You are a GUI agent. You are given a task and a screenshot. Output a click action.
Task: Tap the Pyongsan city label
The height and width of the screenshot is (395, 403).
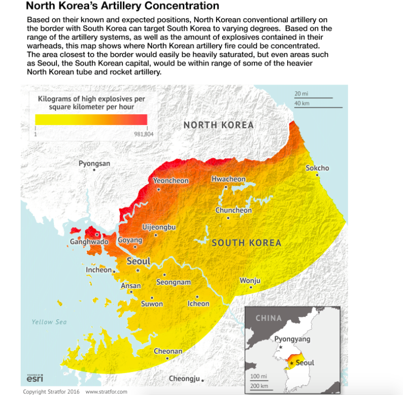pos(94,164)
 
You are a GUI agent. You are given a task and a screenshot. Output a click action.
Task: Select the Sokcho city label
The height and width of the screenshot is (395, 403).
pos(317,168)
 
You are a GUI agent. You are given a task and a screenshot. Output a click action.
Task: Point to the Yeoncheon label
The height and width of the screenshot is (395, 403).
pos(171,180)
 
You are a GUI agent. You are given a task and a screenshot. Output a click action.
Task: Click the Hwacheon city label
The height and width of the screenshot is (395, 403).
pos(228,179)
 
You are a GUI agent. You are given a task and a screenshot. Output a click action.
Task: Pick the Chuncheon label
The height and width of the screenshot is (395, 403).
pos(233,210)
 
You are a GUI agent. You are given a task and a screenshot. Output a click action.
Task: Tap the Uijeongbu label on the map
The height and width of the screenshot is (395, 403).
pos(159,227)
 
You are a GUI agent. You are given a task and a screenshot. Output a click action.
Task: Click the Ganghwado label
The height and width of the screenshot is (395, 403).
pos(89,242)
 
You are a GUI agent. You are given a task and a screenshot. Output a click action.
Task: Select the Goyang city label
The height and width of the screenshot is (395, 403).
pos(130,240)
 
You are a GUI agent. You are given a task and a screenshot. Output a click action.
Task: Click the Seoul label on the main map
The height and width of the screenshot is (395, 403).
pos(139,261)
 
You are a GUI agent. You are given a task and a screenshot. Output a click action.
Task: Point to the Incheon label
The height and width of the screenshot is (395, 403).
pos(99,270)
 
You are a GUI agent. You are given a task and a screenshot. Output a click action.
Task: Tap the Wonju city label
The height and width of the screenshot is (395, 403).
pos(250,280)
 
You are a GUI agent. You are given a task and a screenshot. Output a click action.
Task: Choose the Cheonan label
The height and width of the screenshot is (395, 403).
pos(168,351)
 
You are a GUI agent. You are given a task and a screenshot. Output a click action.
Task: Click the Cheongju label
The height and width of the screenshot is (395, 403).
pos(185,378)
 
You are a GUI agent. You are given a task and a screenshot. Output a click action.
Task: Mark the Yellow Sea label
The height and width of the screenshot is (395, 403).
pos(49,322)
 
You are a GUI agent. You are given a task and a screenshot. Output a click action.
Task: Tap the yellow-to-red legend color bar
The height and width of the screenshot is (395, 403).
pos(91,119)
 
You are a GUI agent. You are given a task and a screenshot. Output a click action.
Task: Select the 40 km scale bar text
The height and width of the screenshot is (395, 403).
pos(302,103)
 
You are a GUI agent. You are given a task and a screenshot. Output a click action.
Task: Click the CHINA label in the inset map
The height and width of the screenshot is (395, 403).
pos(268,318)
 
